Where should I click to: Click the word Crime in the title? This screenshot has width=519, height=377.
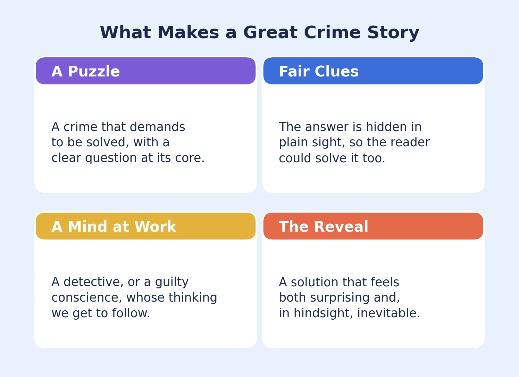[332, 32]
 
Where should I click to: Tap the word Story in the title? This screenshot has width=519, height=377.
[393, 33]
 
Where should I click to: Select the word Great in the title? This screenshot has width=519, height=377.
[270, 32]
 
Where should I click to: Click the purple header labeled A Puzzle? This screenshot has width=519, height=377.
[145, 71]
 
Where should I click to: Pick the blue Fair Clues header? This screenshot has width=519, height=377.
[373, 71]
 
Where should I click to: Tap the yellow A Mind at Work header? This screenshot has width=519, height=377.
[145, 226]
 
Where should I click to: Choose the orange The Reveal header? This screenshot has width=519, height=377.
[373, 226]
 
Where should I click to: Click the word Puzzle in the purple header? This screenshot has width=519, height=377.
[94, 71]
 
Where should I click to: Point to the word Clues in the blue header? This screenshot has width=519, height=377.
[337, 71]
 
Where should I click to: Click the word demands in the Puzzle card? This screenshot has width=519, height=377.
[157, 127]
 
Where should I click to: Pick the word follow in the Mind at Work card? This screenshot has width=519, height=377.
[131, 313]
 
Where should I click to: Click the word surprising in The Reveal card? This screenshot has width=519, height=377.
[340, 298]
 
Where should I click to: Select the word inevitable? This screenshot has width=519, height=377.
[388, 313]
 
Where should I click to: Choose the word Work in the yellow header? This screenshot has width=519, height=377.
[155, 227]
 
